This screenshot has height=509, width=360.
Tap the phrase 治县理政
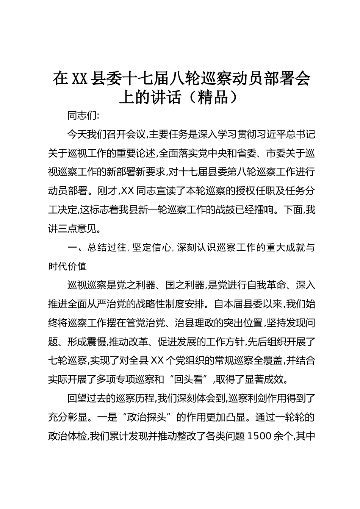(195, 323)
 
